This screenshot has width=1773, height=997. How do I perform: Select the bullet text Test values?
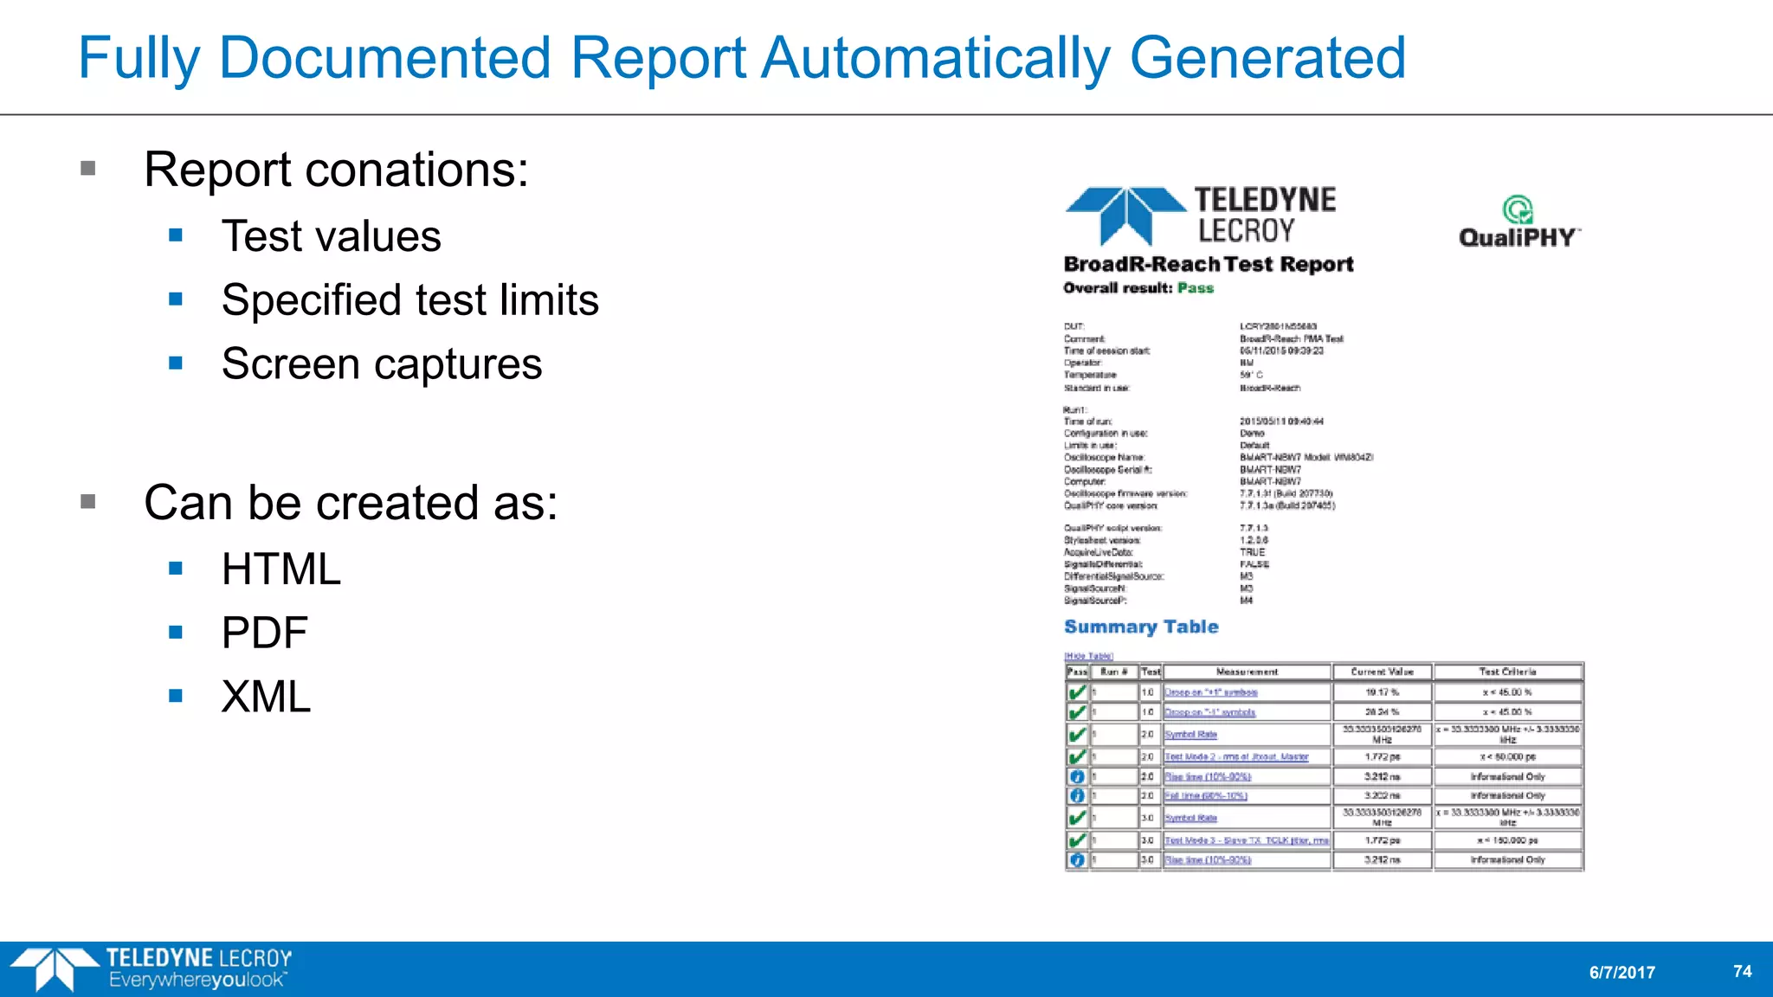coord(331,236)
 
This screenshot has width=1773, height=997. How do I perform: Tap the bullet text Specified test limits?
coord(409,300)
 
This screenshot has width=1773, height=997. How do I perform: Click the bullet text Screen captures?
coord(381,364)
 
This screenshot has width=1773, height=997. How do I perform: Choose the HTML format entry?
coord(280,569)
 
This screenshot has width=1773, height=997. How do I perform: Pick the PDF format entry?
coord(264,634)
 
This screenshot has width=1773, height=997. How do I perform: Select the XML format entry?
coord(266,698)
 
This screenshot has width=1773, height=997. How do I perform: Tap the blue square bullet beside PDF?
coord(176,633)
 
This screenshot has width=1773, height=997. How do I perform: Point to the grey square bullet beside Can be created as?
coord(87,502)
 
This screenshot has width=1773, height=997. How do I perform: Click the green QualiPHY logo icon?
coord(1517,209)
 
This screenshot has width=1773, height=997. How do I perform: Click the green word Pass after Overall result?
coord(1195,288)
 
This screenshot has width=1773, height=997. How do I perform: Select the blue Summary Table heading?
coord(1140,627)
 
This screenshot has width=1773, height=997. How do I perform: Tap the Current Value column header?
coord(1382,672)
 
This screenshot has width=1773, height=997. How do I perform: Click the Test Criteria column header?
coord(1507,672)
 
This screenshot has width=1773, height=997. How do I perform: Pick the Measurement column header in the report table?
coord(1246,672)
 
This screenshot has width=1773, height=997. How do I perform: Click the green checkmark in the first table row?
coord(1077,692)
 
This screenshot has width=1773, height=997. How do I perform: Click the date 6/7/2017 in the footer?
coord(1621,973)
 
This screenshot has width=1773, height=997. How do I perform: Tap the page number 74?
coord(1742,971)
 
